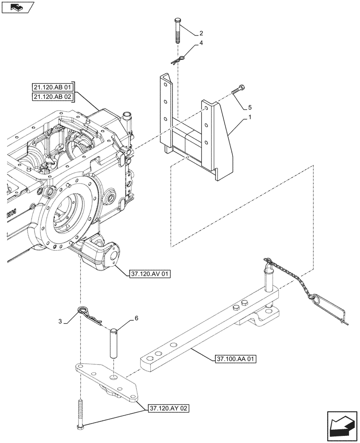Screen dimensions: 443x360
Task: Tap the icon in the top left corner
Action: click(18, 7)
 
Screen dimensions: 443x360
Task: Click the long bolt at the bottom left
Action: click(81, 414)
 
